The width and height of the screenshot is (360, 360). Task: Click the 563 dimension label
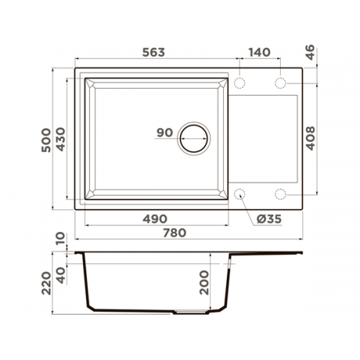coord(153,53)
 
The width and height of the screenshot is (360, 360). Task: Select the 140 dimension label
coord(259,53)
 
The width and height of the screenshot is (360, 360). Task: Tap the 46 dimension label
coord(310,53)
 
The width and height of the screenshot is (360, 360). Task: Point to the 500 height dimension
coord(46,140)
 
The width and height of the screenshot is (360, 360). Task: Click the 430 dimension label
coord(60,139)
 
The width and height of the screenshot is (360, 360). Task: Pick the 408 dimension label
coord(310,138)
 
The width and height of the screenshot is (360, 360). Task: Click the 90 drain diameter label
coord(165,132)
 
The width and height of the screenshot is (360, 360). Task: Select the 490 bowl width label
coord(155,219)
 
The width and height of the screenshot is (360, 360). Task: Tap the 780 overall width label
coord(174,233)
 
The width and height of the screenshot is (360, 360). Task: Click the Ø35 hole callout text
coord(269,219)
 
